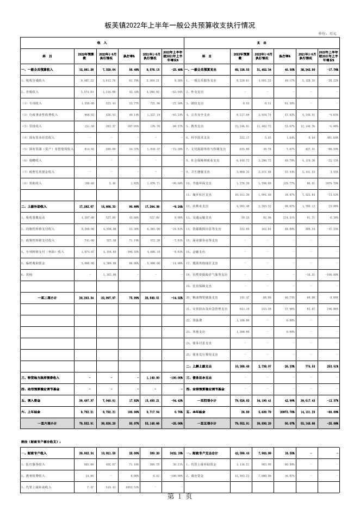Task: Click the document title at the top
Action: (x=179, y=26)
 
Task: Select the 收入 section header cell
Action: (x=102, y=42)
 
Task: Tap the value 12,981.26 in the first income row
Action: (x=86, y=70)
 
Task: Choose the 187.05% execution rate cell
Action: (x=129, y=126)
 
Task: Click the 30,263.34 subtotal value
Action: (x=86, y=297)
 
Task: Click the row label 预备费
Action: (x=195, y=320)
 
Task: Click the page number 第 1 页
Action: (x=179, y=496)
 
